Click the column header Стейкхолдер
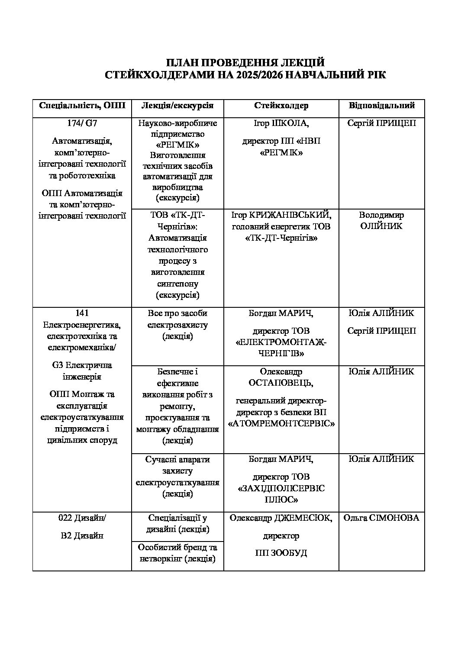tap(281, 105)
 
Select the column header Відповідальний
tap(381, 105)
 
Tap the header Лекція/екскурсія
tap(177, 105)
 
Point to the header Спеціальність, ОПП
tap(82, 105)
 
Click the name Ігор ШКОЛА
tap(281, 123)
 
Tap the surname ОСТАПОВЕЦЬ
tap(281, 383)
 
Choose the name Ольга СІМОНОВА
tap(381, 518)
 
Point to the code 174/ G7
tap(82, 123)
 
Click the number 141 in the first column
tap(82, 313)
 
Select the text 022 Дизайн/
tap(82, 518)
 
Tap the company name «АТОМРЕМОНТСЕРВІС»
tap(281, 424)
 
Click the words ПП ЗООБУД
tap(281, 553)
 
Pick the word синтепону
tap(177, 284)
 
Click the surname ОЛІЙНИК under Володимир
tap(381, 226)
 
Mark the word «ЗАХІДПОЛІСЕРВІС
tap(281, 488)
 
